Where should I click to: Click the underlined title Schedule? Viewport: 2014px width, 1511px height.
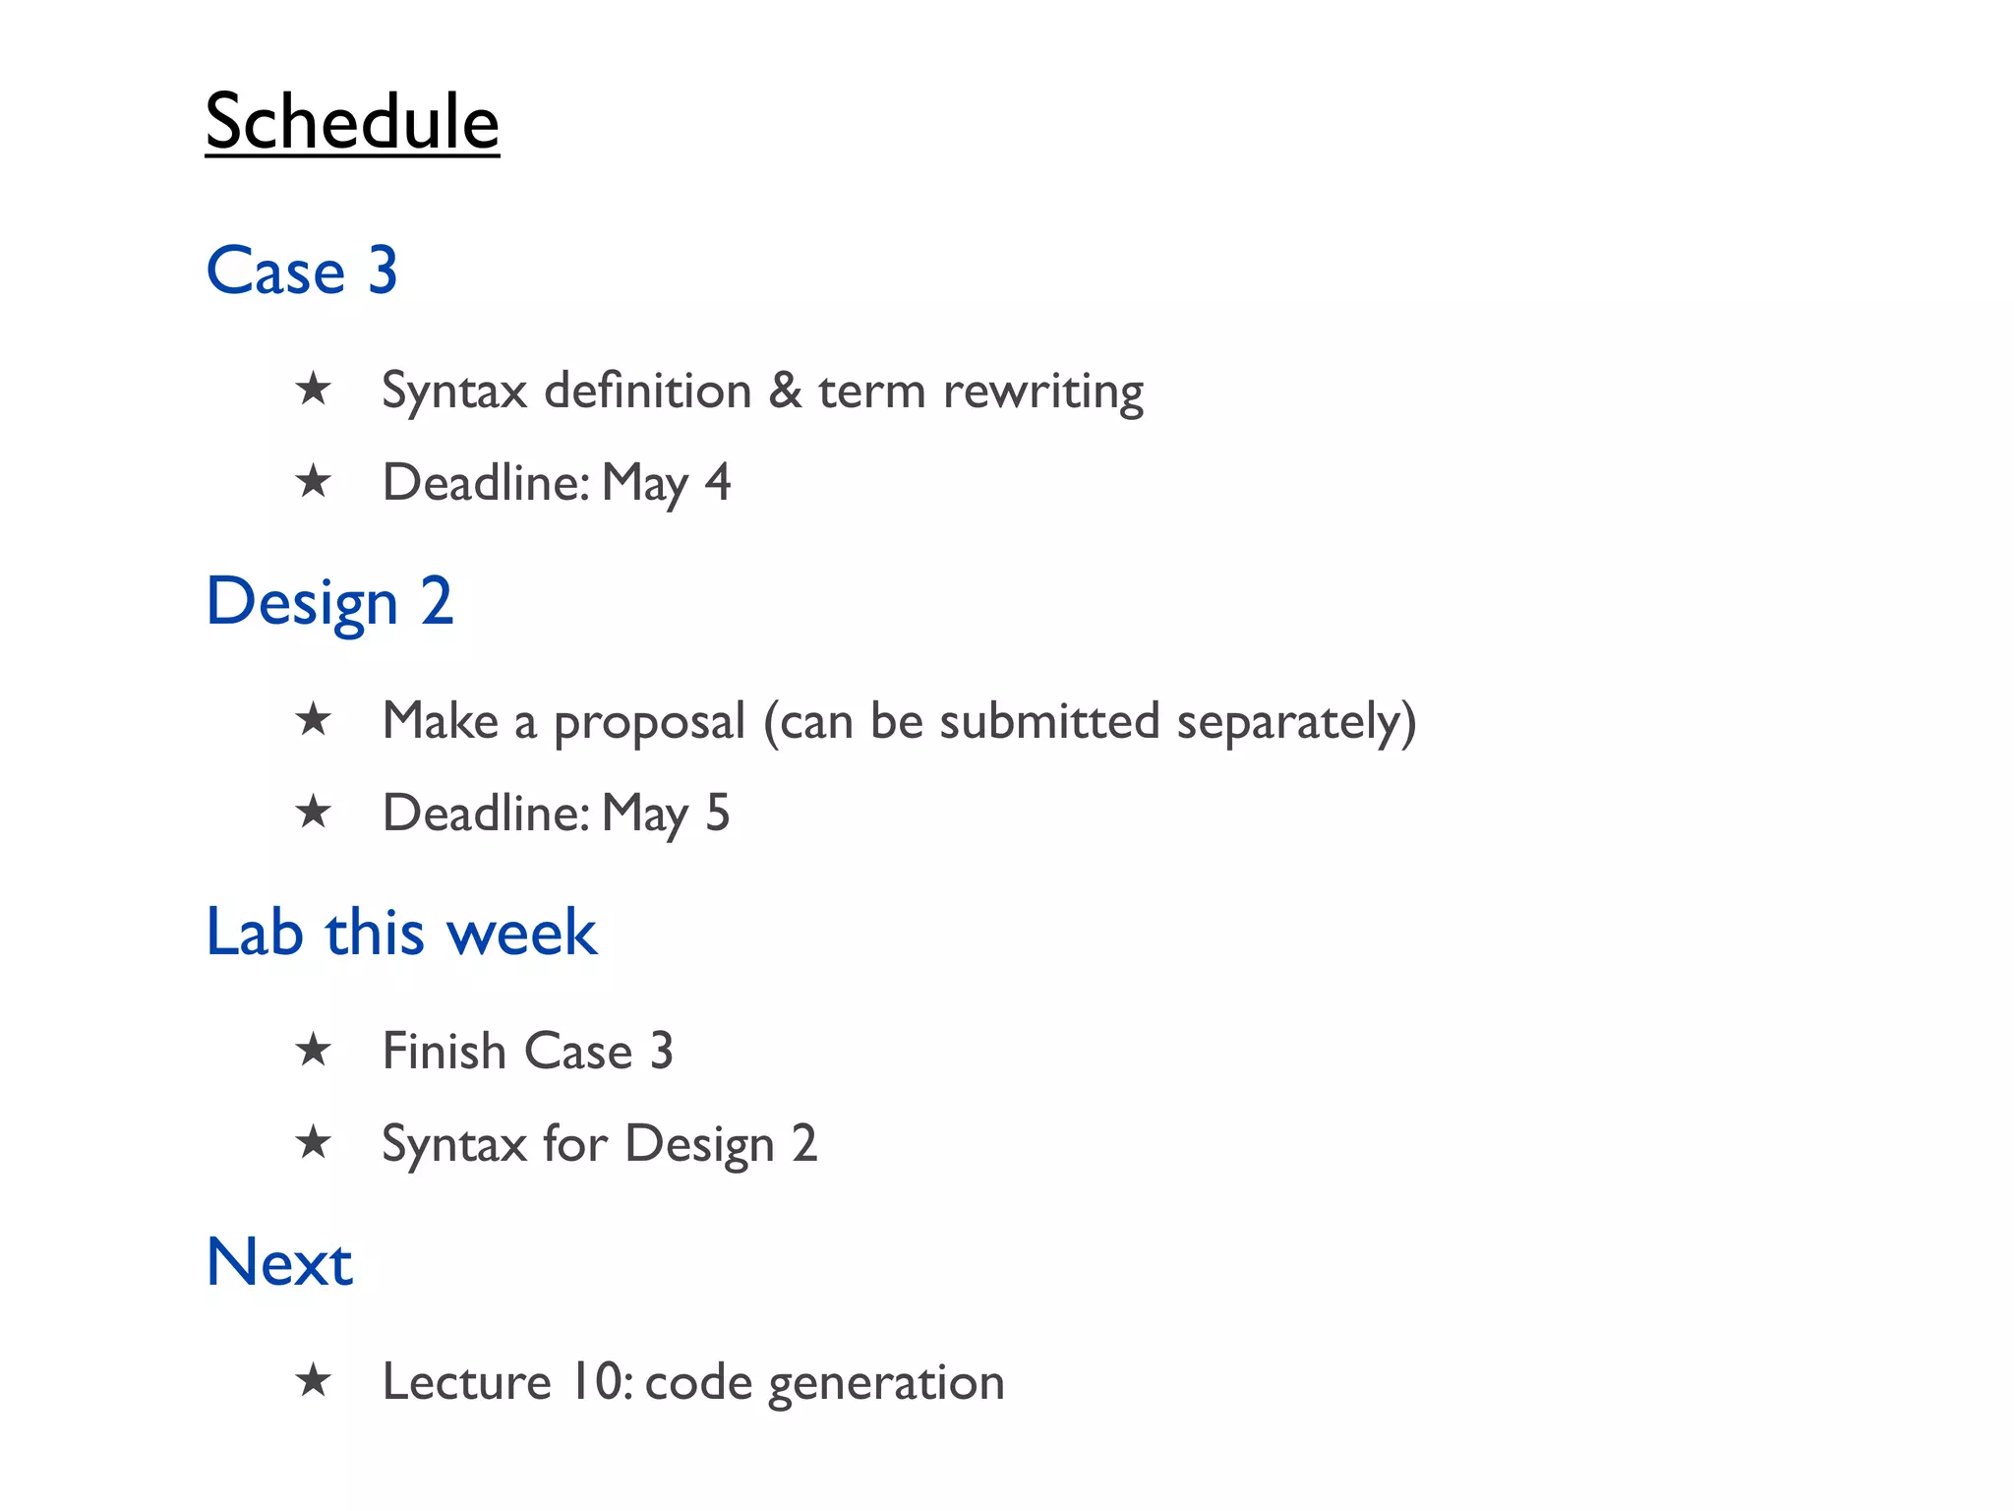point(352,122)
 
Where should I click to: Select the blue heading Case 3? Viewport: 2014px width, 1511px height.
point(302,271)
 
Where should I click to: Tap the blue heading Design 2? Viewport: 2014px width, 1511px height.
point(329,601)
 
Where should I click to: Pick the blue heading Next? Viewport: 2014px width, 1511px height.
point(279,1262)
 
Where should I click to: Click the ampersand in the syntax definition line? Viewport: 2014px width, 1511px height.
point(785,391)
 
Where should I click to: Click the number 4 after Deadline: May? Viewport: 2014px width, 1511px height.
point(718,483)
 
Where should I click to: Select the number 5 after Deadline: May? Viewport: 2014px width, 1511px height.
point(718,814)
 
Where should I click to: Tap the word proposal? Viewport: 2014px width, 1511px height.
point(649,723)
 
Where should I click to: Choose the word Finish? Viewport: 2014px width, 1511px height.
point(444,1051)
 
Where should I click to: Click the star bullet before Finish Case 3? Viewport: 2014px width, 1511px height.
point(314,1050)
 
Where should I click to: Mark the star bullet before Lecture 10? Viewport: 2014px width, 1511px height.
point(314,1380)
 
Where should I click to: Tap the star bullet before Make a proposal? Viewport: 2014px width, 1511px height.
point(314,719)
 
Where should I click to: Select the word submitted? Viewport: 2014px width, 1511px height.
point(1049,721)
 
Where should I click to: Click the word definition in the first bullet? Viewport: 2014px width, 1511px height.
point(648,391)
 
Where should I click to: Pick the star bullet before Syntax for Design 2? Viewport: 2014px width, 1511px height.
point(314,1142)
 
